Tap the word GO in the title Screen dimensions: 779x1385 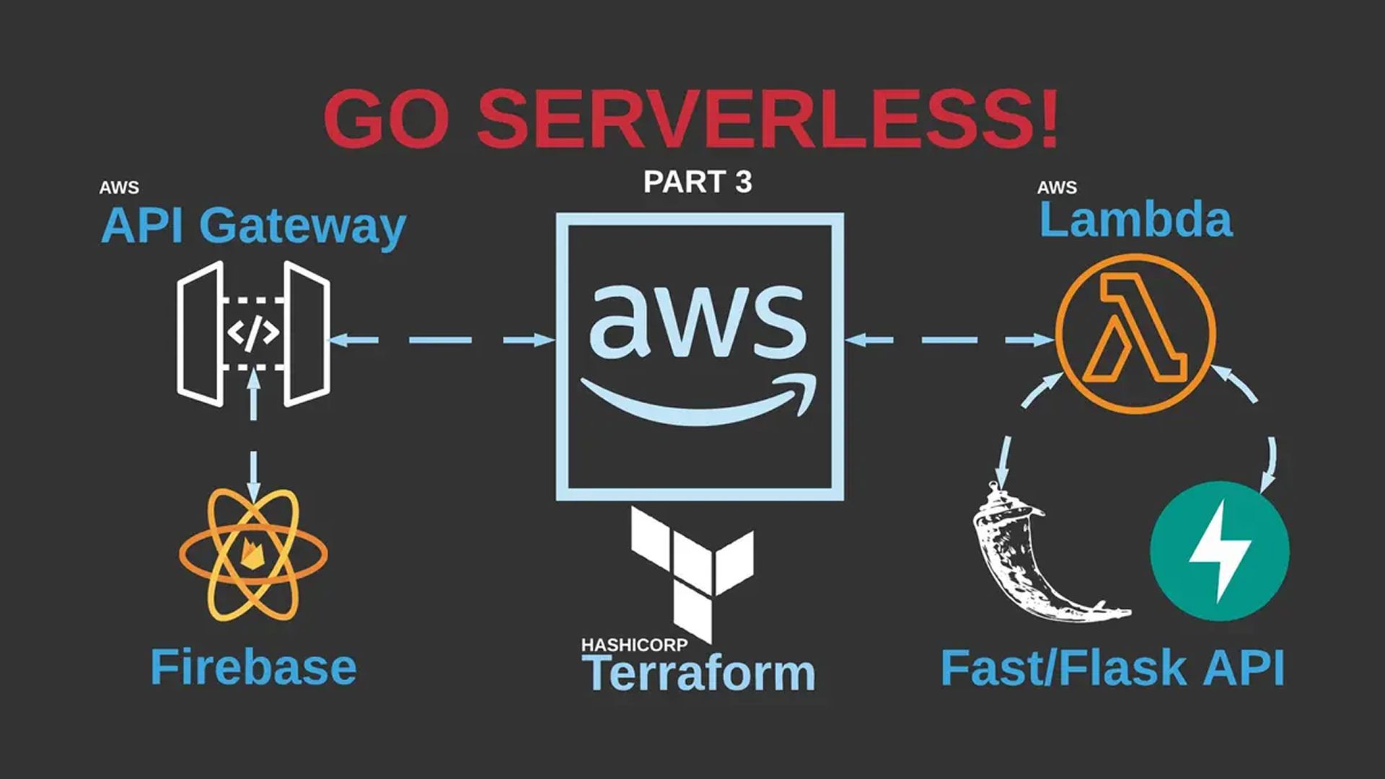[x=390, y=119]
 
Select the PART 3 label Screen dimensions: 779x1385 [x=697, y=182]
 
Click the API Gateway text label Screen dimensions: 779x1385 [x=253, y=226]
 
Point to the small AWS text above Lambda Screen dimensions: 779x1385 [x=1057, y=188]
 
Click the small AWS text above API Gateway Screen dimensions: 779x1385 [x=119, y=188]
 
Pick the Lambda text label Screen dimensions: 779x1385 [x=1135, y=220]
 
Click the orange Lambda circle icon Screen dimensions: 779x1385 [x=1135, y=333]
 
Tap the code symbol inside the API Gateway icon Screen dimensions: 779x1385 [x=252, y=333]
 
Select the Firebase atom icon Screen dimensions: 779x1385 [x=253, y=554]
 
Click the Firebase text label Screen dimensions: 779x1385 [x=253, y=667]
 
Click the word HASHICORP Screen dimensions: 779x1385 [x=634, y=645]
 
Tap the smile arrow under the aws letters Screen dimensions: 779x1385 [x=698, y=400]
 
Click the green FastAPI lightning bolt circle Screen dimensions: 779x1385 [x=1219, y=552]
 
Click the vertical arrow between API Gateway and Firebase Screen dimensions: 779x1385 [x=252, y=433]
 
